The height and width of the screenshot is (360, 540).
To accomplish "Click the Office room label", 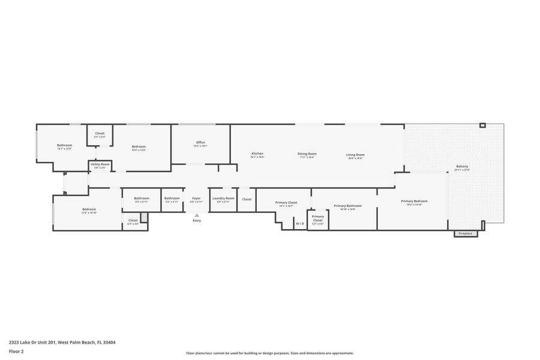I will click(200, 143).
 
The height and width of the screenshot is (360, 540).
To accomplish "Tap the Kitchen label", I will click(257, 154).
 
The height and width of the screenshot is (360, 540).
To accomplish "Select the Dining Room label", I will click(307, 154).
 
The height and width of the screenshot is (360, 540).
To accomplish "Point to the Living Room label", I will click(355, 155).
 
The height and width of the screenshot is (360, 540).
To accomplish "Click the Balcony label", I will click(462, 167).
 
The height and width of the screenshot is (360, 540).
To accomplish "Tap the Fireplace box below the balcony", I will click(466, 233).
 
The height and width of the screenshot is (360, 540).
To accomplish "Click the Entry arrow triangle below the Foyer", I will click(196, 214).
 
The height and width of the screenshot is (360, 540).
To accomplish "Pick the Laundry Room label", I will click(223, 199).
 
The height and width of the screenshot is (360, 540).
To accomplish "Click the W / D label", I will click(299, 224).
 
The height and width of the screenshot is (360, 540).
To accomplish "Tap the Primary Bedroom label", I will click(415, 202).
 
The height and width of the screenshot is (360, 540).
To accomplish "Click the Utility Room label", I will click(100, 164).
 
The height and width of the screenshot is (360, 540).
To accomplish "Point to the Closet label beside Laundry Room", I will click(247, 199).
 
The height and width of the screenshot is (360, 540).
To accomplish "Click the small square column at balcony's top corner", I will click(482, 125).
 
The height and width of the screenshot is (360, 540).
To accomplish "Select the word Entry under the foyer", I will click(197, 221).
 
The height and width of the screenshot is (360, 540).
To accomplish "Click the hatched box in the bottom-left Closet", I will click(144, 218).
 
